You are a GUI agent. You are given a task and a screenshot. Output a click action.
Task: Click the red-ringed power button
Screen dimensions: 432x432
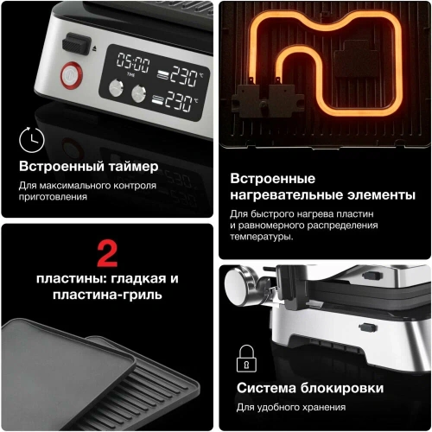[x=67, y=76]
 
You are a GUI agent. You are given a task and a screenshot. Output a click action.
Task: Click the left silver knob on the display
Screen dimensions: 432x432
[x=116, y=88]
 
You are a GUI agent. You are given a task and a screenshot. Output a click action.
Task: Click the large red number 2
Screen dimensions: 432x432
[x=107, y=254]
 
